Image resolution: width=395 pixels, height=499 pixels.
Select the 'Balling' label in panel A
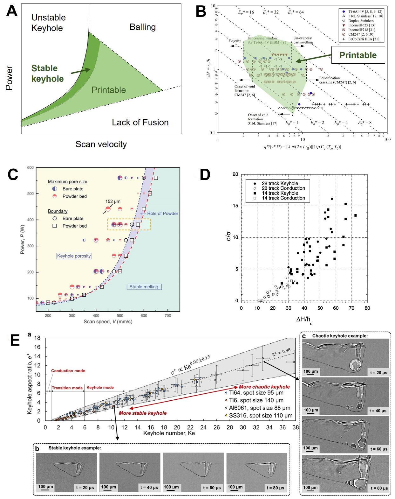(143, 27)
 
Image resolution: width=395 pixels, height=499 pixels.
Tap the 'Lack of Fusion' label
(140, 123)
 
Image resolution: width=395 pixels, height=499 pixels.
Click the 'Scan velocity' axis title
(101, 144)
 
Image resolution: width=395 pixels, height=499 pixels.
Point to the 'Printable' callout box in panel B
(358, 55)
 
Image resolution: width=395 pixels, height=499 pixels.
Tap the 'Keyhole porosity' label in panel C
(74, 256)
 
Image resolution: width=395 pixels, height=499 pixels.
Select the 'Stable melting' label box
(144, 287)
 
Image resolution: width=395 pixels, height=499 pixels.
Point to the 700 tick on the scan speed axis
(167, 315)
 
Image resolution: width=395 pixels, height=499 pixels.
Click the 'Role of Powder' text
(162, 214)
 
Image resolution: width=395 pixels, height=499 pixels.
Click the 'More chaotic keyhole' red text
(264, 387)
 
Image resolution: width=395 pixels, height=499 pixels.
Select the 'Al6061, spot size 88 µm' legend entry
(260, 408)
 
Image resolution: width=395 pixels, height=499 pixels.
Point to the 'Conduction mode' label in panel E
(68, 371)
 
